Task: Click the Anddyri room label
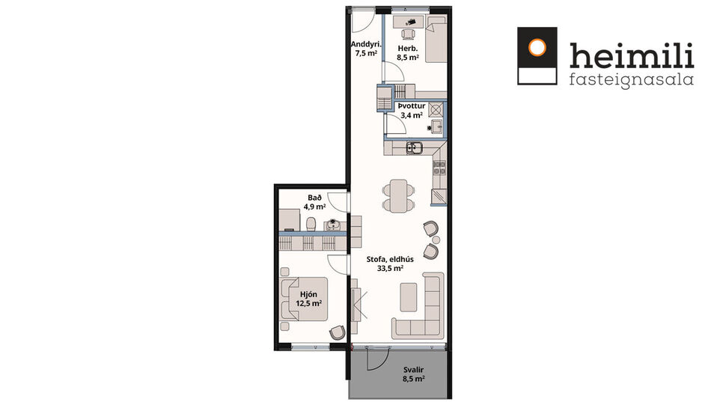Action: click(x=366, y=49)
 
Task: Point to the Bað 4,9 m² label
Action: click(x=314, y=202)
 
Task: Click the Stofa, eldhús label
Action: click(x=385, y=264)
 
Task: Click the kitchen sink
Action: click(x=414, y=148)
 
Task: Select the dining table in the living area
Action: click(x=397, y=195)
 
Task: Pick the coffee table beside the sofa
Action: click(x=409, y=295)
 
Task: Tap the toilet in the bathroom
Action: click(x=311, y=224)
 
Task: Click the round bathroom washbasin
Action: click(x=335, y=224)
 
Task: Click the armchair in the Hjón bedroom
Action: click(x=338, y=332)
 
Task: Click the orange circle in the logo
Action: click(x=537, y=47)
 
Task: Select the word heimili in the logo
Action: click(x=631, y=55)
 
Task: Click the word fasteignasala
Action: click(x=631, y=79)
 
